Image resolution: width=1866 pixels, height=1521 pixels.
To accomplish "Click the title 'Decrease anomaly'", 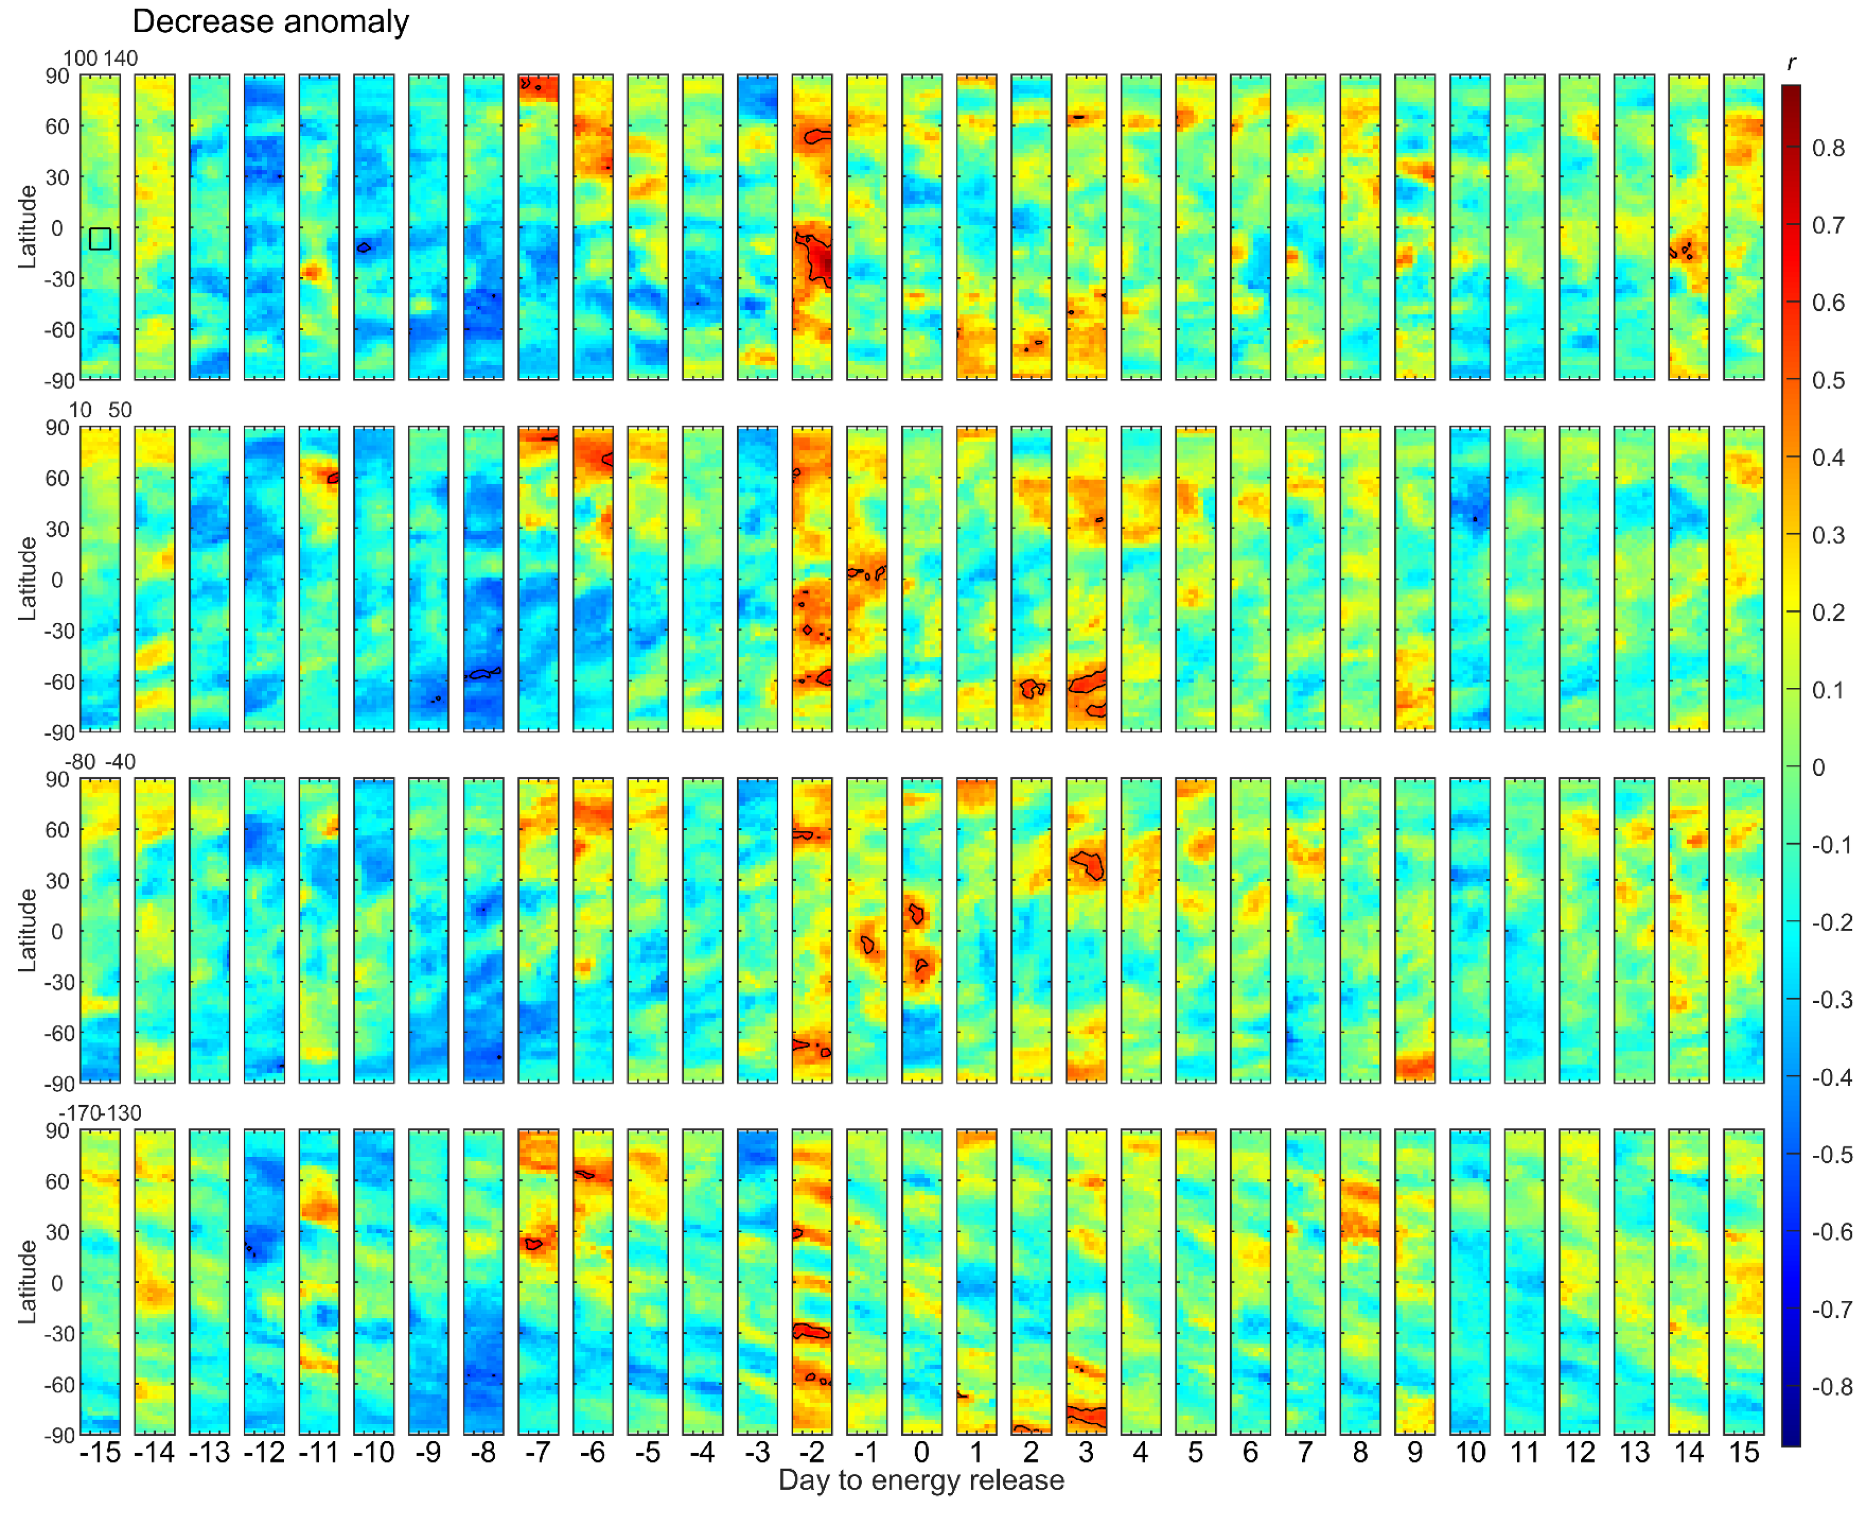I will click(x=270, y=22).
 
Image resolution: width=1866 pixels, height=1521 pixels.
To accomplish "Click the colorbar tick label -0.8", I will click(x=1831, y=1387).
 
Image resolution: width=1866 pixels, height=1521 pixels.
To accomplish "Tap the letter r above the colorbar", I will click(x=1791, y=62).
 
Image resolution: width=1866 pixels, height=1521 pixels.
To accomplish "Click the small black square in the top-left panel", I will click(x=100, y=238).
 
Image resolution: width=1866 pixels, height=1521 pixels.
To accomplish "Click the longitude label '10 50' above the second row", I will click(x=100, y=410).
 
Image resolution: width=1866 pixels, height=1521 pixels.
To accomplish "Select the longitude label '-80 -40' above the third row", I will click(x=100, y=761).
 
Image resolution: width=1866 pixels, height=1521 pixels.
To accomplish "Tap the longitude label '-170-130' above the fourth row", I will click(x=100, y=1113).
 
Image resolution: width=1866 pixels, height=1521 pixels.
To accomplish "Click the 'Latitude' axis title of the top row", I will click(x=28, y=227).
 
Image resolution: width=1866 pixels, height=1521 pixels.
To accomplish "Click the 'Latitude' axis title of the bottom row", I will click(x=28, y=1281).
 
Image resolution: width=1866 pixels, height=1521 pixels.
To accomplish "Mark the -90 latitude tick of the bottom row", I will click(x=58, y=1435).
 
